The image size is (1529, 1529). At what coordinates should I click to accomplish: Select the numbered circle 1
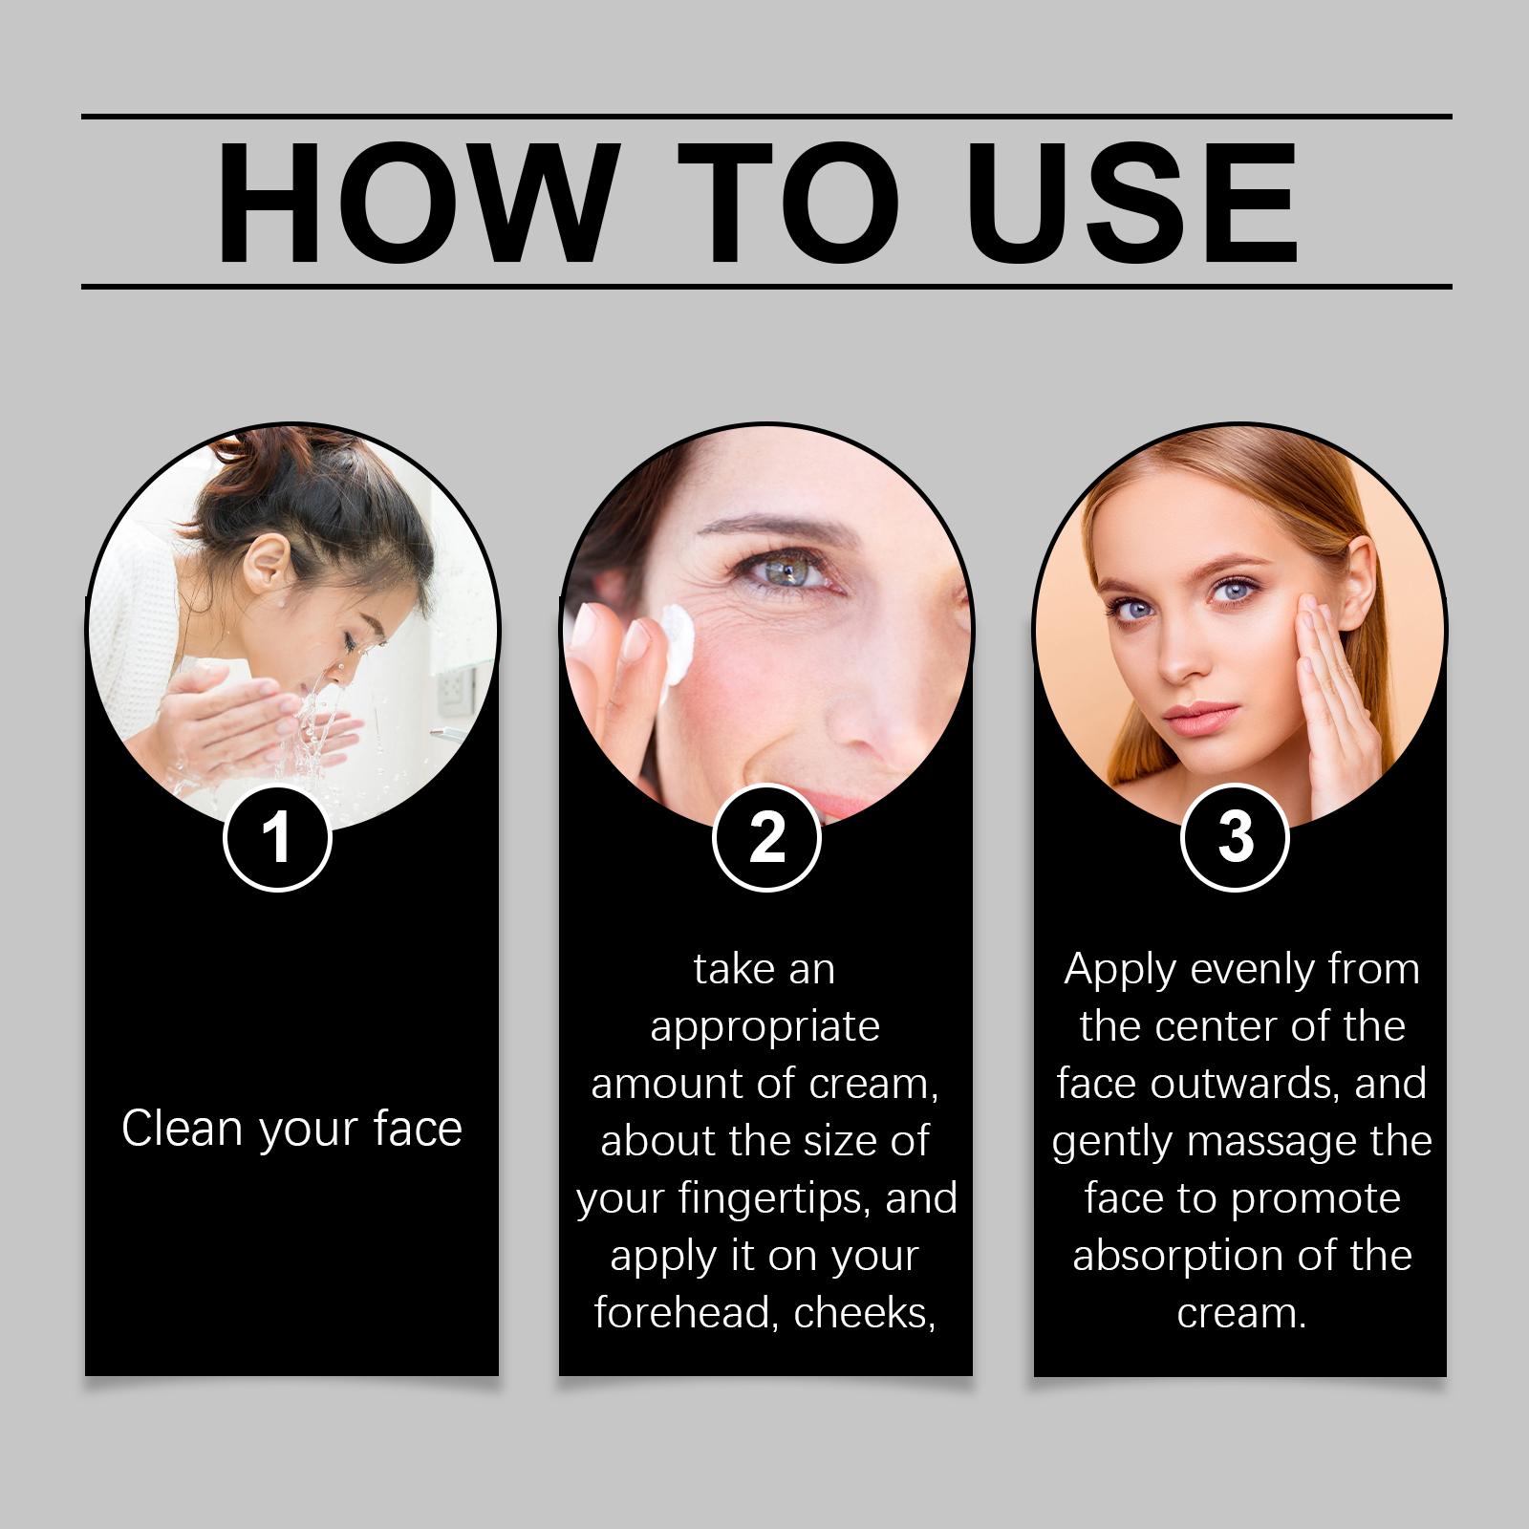277,838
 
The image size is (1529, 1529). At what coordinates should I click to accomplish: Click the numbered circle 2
766,838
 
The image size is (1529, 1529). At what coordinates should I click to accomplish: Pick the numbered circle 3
1236,838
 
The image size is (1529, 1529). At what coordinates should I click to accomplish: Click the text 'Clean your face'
291,1129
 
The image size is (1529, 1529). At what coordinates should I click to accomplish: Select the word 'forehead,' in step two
686,1313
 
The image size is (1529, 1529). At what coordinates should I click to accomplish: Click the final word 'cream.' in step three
1241,1313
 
